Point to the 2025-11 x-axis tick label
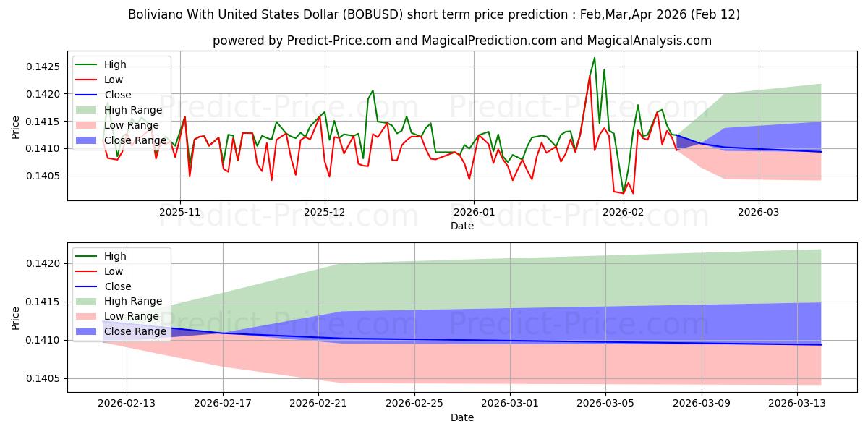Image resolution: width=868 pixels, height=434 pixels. tap(180, 212)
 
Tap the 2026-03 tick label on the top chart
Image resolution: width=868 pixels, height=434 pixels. tap(759, 212)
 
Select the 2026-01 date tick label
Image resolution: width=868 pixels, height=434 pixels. tap(474, 212)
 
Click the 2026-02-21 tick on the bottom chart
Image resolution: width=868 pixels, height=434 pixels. tap(318, 404)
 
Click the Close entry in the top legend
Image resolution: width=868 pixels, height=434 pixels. tap(118, 95)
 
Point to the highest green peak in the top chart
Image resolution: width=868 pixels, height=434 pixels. tap(595, 58)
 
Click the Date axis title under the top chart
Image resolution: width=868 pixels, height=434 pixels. tap(462, 226)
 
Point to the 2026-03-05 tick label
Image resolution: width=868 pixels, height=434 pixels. tap(606, 404)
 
